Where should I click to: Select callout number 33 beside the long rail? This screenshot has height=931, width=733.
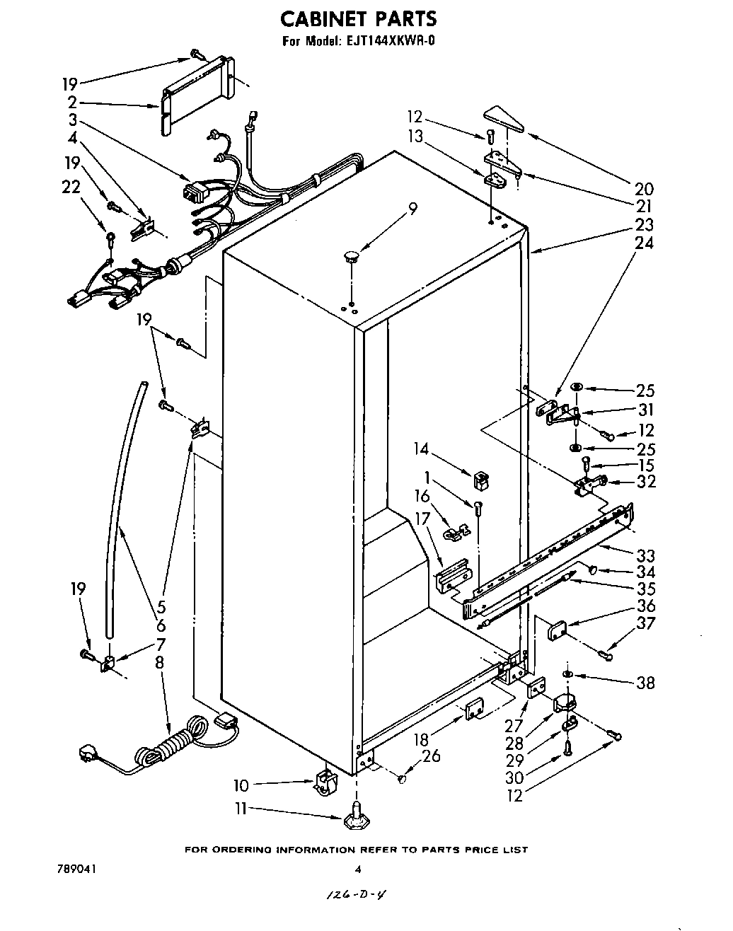pos(645,555)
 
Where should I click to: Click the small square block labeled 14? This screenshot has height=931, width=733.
pos(481,480)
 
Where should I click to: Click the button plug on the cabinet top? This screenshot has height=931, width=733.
pos(351,254)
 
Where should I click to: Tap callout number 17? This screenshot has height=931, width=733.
pos(422,519)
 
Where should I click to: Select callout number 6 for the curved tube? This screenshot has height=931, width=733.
pos(161,625)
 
